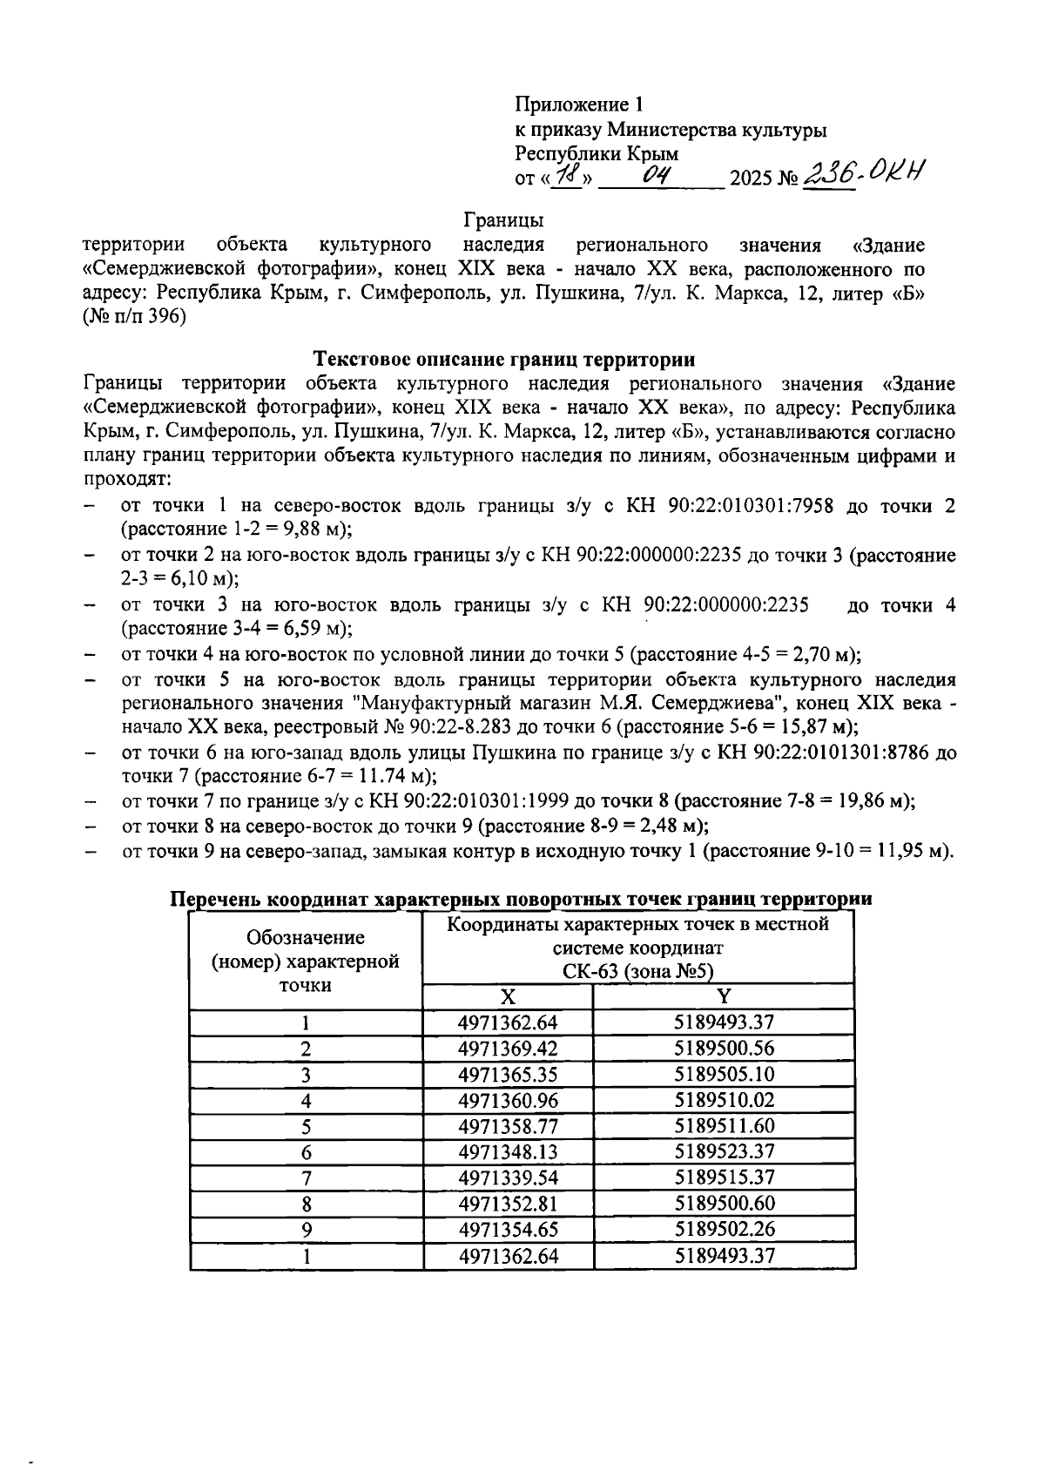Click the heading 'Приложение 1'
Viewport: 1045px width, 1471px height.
pyautogui.click(x=578, y=105)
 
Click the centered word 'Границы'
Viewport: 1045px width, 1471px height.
pyautogui.click(x=503, y=220)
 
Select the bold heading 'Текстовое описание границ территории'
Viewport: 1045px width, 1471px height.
pyautogui.click(x=504, y=359)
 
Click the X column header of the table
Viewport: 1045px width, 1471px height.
pyautogui.click(x=507, y=998)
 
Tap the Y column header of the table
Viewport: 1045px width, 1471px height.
pyautogui.click(x=724, y=997)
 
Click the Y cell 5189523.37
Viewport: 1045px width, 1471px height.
pyautogui.click(x=724, y=1152)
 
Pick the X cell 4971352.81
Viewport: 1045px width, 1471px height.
pyautogui.click(x=507, y=1204)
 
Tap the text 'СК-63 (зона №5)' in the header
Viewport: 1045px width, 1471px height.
pyautogui.click(x=637, y=972)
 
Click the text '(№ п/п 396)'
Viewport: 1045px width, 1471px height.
pyautogui.click(x=134, y=319)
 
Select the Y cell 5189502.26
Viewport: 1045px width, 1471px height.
pyautogui.click(x=724, y=1230)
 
